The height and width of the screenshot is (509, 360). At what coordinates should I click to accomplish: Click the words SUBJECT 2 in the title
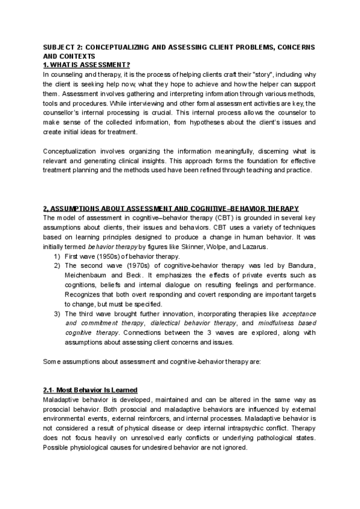(63, 47)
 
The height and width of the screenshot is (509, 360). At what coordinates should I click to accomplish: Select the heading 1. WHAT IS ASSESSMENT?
(86, 65)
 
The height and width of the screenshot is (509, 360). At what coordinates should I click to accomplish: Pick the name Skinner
(205, 247)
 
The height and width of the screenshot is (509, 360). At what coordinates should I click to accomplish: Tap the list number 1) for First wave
(57, 256)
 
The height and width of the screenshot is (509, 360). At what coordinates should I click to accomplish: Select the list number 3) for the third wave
(57, 314)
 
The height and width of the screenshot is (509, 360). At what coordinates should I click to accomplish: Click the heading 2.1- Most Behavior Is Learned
(91, 390)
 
